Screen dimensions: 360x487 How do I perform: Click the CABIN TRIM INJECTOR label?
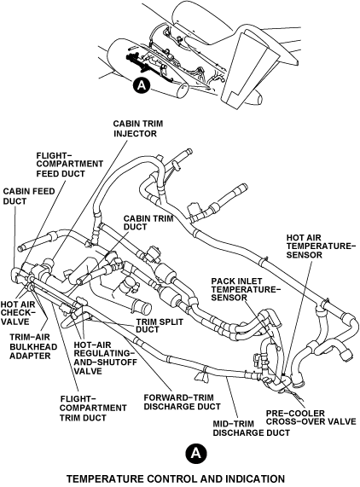click(x=137, y=129)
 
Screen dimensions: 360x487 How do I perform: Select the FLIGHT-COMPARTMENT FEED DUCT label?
click(x=70, y=164)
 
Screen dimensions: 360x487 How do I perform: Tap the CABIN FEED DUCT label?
click(x=29, y=196)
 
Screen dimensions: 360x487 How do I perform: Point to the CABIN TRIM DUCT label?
click(x=148, y=223)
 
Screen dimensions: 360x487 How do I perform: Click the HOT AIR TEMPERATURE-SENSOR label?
click(x=321, y=246)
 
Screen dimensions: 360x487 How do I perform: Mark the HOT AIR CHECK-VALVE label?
click(x=18, y=313)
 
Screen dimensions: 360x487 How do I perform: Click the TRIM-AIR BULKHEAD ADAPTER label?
click(x=33, y=346)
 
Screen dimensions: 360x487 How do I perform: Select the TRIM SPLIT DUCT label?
click(x=160, y=325)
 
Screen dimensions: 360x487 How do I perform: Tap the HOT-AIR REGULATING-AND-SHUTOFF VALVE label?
click(x=105, y=358)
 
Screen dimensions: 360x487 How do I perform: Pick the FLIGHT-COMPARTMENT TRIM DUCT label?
click(x=93, y=409)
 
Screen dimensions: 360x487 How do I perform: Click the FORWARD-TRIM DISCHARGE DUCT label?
click(x=183, y=402)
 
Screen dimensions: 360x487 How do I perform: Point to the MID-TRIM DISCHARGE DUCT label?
click(x=252, y=428)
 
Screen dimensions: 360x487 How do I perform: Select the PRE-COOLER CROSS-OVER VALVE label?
click(x=311, y=417)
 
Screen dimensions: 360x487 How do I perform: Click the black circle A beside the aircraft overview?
click(x=142, y=85)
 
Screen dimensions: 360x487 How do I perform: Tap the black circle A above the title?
click(x=196, y=454)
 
